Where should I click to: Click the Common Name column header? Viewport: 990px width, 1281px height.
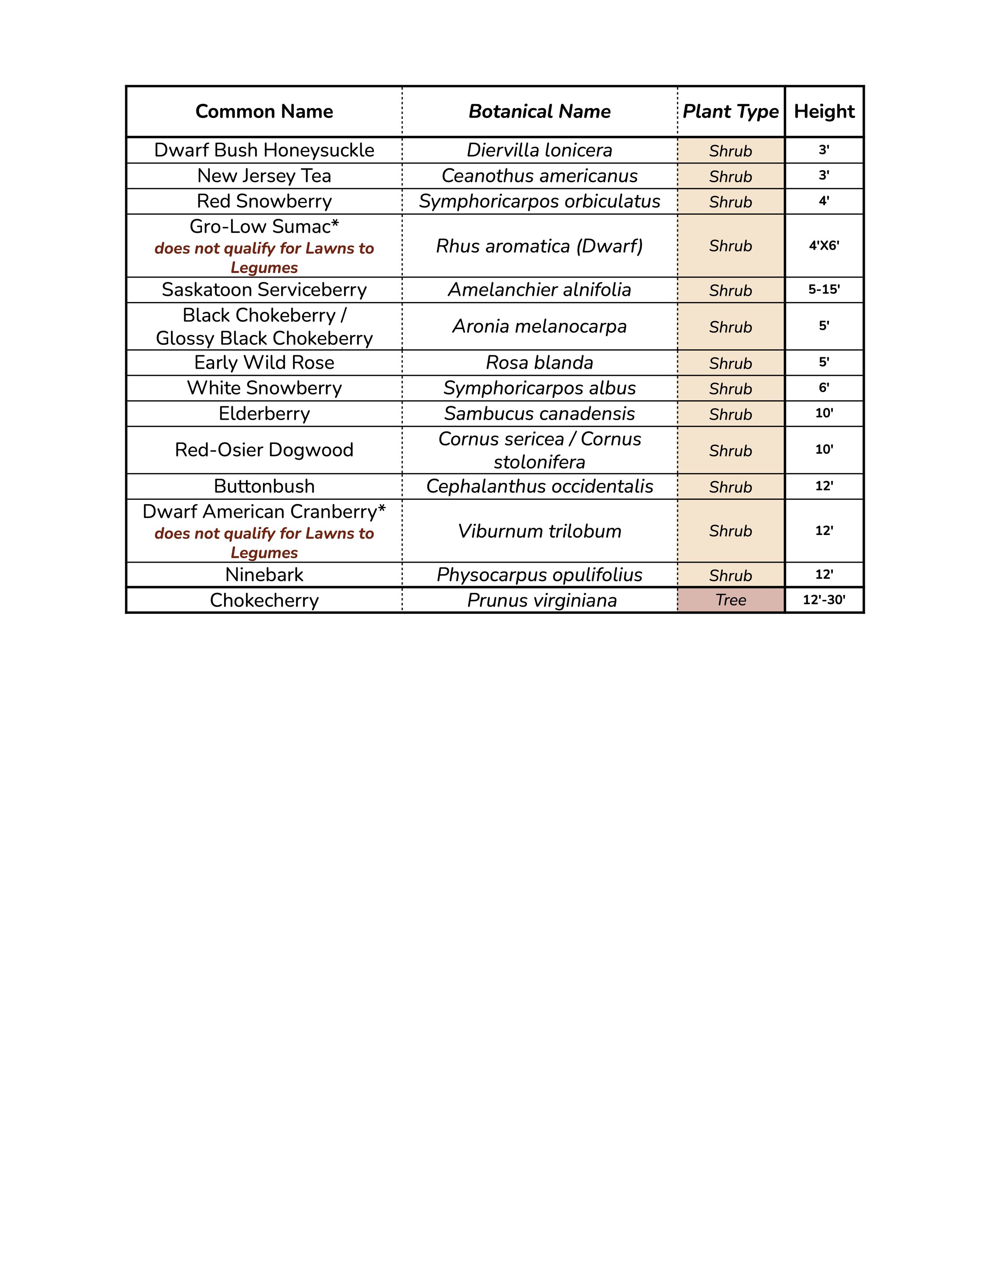(x=264, y=111)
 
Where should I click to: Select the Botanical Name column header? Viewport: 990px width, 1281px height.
(x=540, y=111)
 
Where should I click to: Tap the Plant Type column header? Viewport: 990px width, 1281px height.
(x=730, y=111)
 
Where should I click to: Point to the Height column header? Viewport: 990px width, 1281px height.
(x=824, y=111)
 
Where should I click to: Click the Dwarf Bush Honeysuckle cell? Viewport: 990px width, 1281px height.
(x=264, y=150)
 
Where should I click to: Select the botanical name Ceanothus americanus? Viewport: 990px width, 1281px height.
(x=540, y=176)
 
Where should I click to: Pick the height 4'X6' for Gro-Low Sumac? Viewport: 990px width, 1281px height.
(x=824, y=246)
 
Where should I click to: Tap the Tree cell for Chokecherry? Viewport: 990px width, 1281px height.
(x=731, y=600)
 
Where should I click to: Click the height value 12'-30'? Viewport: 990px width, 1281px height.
(x=824, y=600)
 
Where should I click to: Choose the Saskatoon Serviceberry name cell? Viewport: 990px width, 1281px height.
(x=264, y=290)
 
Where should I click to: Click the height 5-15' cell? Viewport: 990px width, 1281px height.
(x=824, y=290)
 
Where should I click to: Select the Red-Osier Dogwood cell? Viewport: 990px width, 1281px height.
(x=264, y=450)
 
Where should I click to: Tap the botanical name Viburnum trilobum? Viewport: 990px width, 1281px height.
(x=540, y=531)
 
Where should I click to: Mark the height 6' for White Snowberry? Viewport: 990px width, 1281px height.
(x=824, y=388)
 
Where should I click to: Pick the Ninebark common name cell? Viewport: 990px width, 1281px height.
(x=264, y=575)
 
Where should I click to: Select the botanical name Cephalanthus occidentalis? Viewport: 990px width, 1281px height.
(x=540, y=486)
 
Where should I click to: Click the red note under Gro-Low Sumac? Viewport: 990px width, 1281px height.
(x=264, y=257)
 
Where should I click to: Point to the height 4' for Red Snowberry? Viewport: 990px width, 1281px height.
(x=824, y=201)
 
